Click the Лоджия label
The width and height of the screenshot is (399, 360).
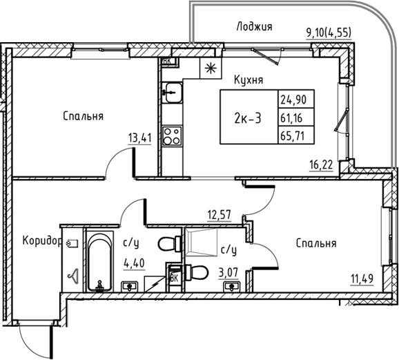[x=253, y=27]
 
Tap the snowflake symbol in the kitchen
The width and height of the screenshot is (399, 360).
[x=209, y=68]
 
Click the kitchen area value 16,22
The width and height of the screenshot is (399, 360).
[x=321, y=165]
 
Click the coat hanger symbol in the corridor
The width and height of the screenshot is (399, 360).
[x=72, y=275]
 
